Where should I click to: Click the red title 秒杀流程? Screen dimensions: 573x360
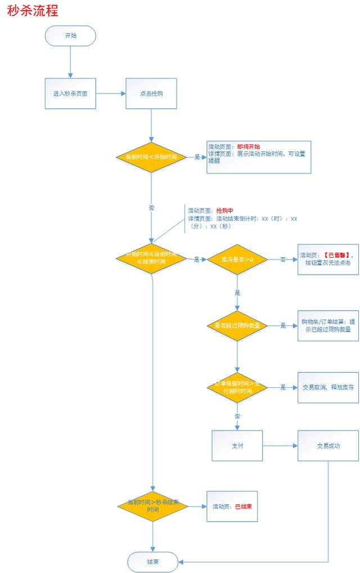pos(33,11)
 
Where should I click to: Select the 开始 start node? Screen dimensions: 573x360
pos(71,35)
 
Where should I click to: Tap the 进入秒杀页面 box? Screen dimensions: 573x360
pos(70,93)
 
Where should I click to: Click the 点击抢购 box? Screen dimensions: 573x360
pos(151,93)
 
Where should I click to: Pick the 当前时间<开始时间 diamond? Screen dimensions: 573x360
pos(151,157)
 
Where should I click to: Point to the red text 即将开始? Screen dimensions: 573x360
pos(248,146)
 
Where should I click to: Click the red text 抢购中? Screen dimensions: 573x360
pos(224,211)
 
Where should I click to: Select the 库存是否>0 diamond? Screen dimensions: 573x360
pos(237,259)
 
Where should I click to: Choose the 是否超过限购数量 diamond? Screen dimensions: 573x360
pos(237,325)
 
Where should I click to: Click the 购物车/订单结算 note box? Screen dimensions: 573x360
pos(328,325)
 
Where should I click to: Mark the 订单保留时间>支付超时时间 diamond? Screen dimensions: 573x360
pos(237,387)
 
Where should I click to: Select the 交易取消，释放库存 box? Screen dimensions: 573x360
pos(328,387)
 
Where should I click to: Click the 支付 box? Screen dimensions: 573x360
pos(237,445)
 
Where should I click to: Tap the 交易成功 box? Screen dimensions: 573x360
pos(328,445)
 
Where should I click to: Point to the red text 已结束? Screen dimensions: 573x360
pos(243,507)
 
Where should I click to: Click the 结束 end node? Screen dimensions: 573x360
pos(152,562)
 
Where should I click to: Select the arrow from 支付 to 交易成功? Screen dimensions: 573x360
pos(280,445)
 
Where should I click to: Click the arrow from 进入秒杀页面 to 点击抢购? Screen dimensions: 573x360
pos(110,93)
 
